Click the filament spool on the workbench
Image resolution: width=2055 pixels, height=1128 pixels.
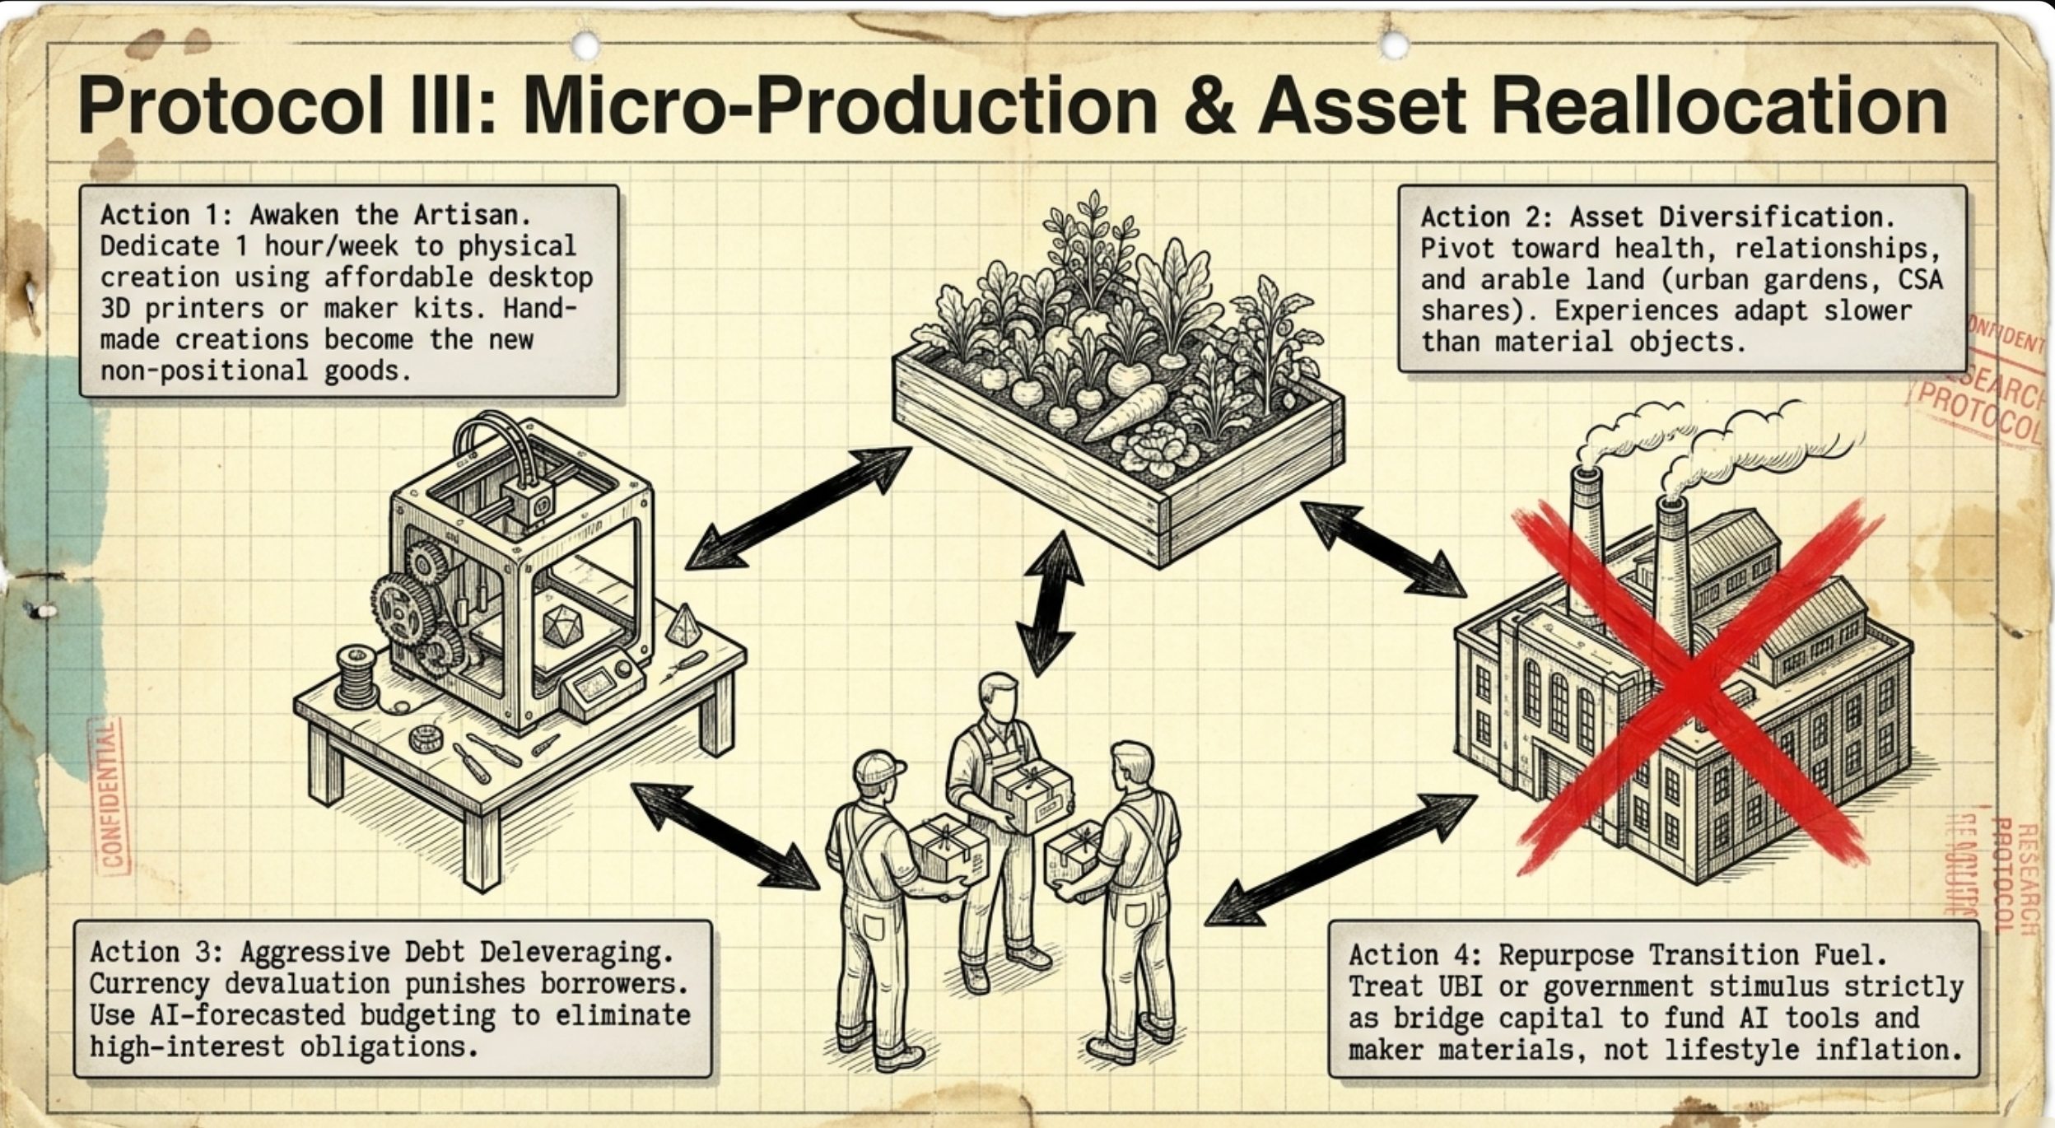click(356, 677)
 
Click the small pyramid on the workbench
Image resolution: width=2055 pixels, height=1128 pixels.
click(683, 625)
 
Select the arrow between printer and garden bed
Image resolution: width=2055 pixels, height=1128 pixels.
click(798, 508)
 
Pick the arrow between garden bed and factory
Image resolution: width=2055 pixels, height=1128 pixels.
click(1383, 548)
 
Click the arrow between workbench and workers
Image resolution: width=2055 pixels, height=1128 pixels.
click(725, 836)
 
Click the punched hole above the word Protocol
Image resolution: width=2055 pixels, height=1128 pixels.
click(585, 46)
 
